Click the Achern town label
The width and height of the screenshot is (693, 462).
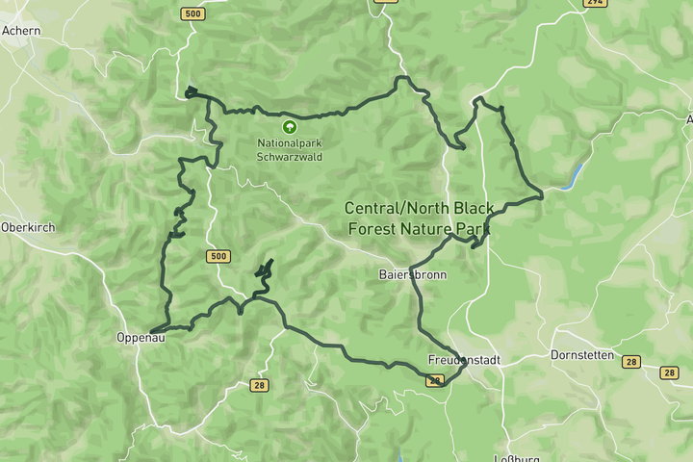21,31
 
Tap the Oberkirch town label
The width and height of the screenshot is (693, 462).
27,228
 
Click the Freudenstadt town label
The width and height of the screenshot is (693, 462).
465,360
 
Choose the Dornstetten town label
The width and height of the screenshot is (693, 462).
581,355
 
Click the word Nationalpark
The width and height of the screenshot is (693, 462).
289,143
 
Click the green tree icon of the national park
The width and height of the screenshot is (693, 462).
289,126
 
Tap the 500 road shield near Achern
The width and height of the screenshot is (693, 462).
192,13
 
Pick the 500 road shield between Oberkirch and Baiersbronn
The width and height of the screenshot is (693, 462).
218,256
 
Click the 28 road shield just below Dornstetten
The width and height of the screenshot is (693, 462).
631,362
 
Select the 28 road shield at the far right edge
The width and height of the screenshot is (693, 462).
669,372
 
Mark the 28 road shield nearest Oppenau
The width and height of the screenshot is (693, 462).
258,385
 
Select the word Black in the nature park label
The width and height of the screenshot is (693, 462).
473,209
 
